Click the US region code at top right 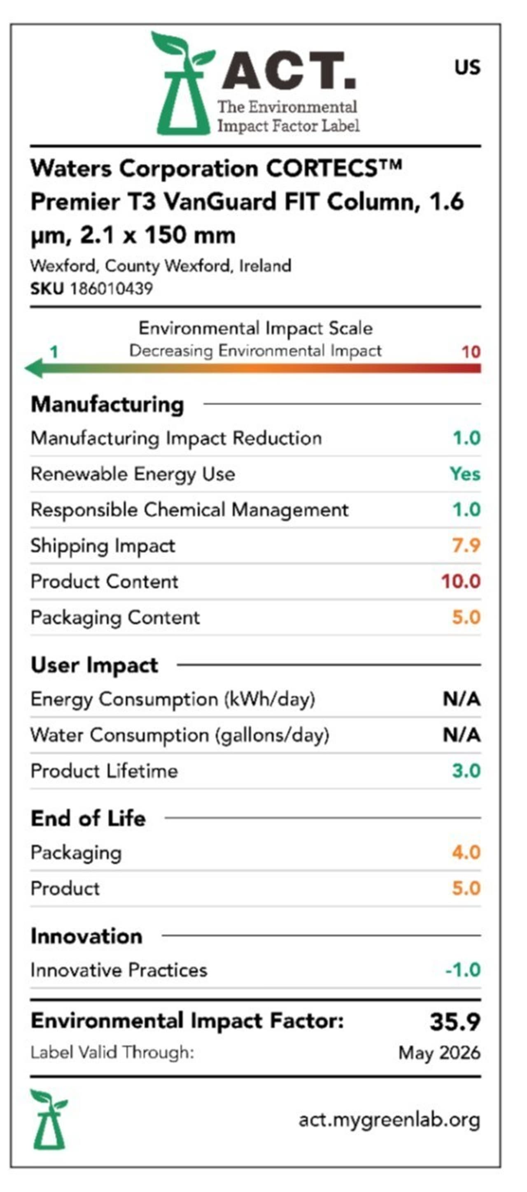pos(467,67)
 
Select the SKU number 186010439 pos(111,289)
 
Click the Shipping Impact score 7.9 pos(466,545)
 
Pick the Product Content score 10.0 pos(460,581)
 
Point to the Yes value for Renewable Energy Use pos(465,474)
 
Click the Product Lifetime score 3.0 pos(466,771)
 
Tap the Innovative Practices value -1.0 pos(463,970)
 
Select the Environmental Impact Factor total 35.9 pos(455,1022)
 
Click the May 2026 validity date pos(439,1053)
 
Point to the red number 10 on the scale pos(471,352)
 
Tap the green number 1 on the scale pos(54,352)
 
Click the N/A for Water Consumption pos(461,735)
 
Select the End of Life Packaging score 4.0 pos(466,852)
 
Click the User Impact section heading pos(94,666)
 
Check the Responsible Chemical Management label pos(189,510)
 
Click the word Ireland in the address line pos(265,266)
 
